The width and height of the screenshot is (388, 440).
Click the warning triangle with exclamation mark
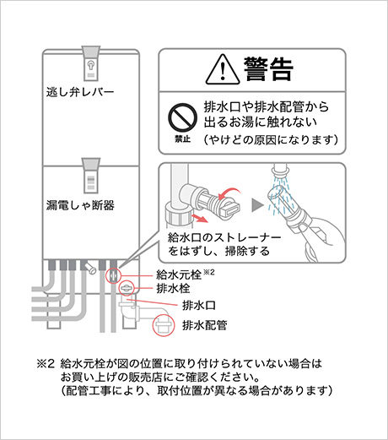click(223, 70)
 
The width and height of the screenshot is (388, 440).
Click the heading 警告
click(268, 69)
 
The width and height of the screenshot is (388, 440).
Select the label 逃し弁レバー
click(80, 92)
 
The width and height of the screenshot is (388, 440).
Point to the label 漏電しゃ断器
click(80, 205)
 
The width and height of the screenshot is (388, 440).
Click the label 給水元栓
click(179, 274)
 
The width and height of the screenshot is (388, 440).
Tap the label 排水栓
click(173, 289)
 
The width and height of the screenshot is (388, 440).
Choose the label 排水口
click(199, 305)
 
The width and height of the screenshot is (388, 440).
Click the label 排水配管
click(205, 325)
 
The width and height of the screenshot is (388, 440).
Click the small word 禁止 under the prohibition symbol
click(182, 139)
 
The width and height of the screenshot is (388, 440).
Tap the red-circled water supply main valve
click(113, 275)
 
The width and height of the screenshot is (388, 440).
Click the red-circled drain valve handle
click(127, 288)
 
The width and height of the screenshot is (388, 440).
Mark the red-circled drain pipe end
click(164, 325)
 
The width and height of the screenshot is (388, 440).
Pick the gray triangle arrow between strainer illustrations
click(257, 205)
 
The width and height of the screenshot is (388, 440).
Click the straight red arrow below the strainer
click(199, 218)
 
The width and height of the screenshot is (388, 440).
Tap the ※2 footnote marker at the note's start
click(46, 364)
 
